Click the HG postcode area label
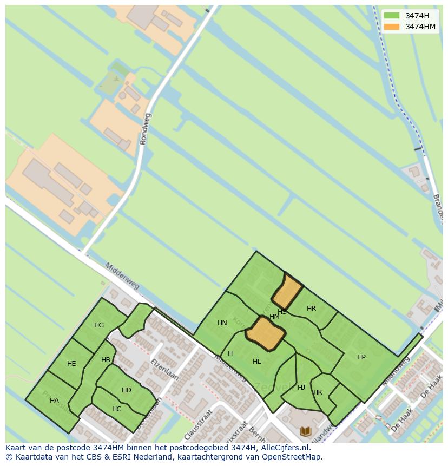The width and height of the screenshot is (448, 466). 99,325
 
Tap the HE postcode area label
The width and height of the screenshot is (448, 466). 71,364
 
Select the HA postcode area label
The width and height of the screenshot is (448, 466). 54,401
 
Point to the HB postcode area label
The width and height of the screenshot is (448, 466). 106,360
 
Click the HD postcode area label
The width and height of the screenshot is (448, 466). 127,390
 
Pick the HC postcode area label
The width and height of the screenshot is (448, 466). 117,409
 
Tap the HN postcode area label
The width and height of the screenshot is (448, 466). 222,323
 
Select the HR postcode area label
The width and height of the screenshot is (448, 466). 311,309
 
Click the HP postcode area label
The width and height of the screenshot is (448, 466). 361,357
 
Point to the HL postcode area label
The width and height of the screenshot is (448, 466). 257,362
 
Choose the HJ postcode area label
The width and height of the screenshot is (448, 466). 301,388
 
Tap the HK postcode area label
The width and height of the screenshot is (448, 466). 318,393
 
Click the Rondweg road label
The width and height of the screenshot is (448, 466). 146,129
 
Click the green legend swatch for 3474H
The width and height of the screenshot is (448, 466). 391,16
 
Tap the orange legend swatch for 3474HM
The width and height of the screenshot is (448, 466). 391,27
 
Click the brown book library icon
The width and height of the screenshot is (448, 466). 306,431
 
